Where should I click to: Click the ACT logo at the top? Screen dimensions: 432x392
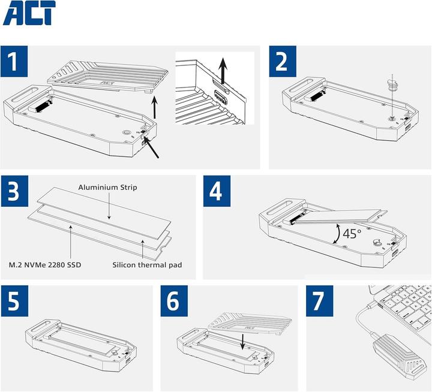tap(29, 13)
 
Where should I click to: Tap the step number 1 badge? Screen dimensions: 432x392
tap(14, 61)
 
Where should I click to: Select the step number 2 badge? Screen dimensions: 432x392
tap(283, 61)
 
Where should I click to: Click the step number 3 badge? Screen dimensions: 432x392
tap(14, 191)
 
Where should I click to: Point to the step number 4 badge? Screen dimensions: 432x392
tap(217, 191)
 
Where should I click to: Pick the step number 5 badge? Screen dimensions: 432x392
tap(14, 301)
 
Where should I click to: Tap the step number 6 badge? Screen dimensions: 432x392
tap(174, 301)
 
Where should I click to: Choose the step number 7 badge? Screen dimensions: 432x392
tap(320, 301)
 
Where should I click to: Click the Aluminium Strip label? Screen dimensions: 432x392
tap(107, 188)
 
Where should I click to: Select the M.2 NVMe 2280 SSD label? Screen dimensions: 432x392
tap(45, 265)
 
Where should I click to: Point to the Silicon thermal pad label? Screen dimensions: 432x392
tap(147, 265)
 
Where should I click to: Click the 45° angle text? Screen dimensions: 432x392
tap(352, 234)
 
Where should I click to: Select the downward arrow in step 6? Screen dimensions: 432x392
tap(242, 342)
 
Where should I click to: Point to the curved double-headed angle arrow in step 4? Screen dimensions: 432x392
tap(338, 233)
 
